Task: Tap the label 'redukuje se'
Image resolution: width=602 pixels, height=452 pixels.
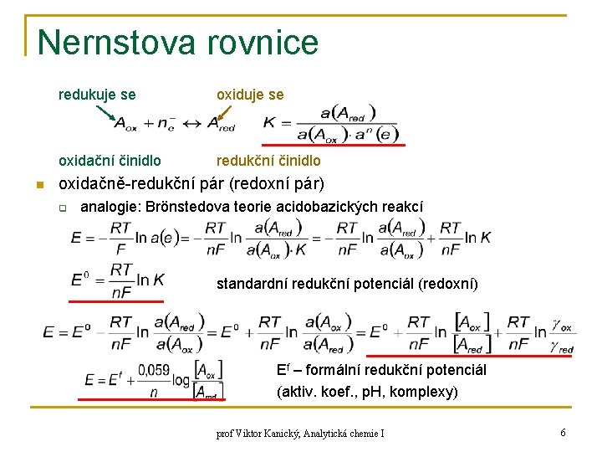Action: tap(97, 95)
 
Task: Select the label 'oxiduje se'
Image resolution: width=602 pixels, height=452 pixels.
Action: tap(250, 95)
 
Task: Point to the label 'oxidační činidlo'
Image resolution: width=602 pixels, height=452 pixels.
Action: tap(110, 160)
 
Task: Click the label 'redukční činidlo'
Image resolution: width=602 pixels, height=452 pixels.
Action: tap(268, 160)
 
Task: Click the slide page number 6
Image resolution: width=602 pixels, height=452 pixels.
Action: tap(564, 433)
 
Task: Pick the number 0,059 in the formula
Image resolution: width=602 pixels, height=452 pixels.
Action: tap(153, 370)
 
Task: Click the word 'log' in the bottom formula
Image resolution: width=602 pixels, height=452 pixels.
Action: tap(180, 379)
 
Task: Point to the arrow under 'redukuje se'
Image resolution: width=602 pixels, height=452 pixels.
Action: tap(106, 112)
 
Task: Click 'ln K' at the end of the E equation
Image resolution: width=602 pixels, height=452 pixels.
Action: tap(480, 238)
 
